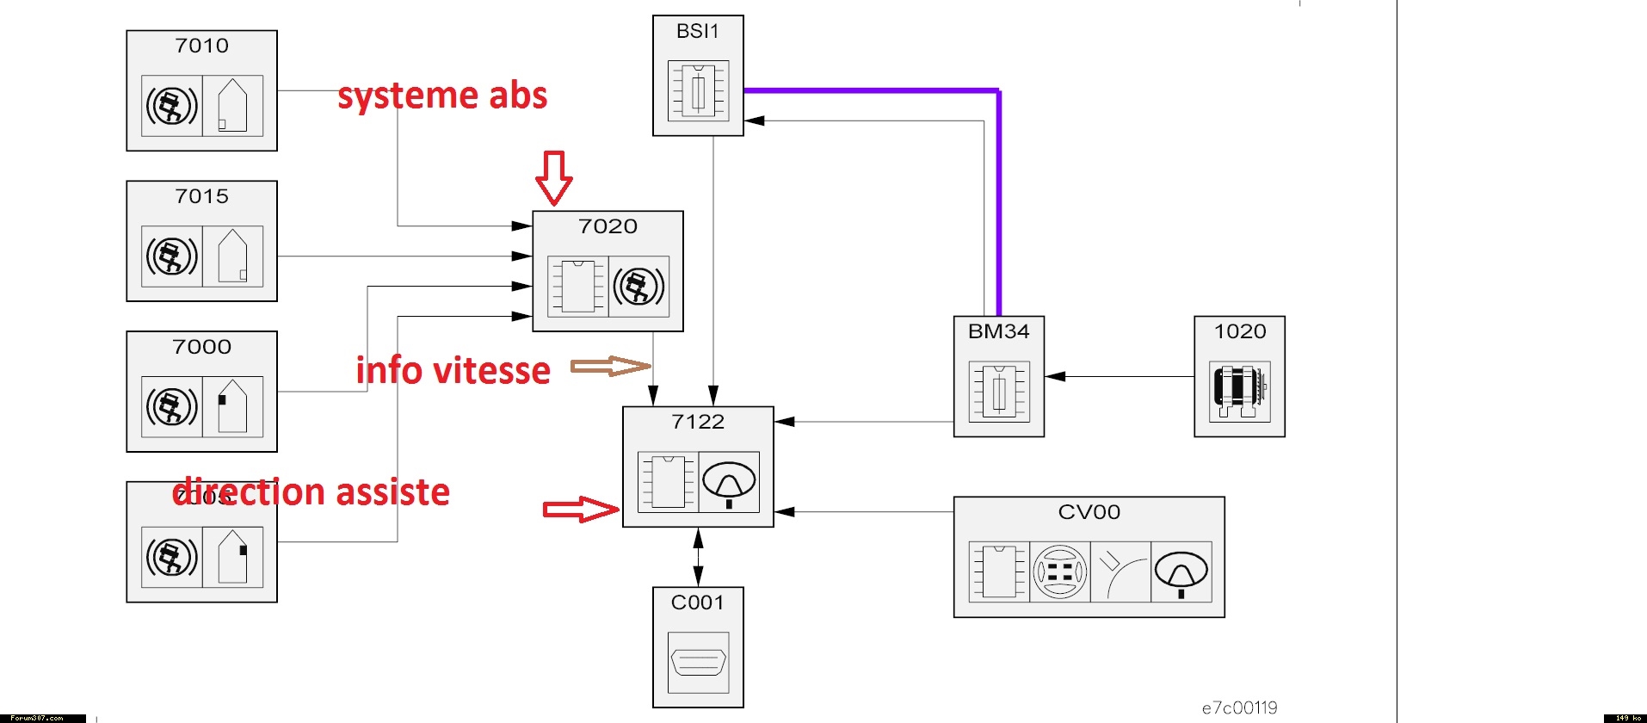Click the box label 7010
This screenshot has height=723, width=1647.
tap(201, 46)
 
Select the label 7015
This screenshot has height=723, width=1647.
tap(201, 196)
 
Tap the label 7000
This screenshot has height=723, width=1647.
tap(201, 347)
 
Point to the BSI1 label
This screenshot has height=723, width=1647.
tap(697, 31)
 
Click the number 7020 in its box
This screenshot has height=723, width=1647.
tap(608, 226)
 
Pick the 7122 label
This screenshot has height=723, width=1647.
tap(698, 422)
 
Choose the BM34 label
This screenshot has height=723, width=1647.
tap(998, 331)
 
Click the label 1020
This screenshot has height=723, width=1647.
tap(1239, 331)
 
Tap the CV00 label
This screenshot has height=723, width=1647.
tap(1089, 512)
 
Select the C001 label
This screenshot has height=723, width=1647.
tap(697, 602)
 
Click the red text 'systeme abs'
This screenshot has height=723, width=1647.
tap(442, 96)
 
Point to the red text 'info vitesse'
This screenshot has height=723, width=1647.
tap(453, 370)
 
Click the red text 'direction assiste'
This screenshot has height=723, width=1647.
tap(312, 492)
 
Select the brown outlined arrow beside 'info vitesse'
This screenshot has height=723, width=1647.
tap(611, 366)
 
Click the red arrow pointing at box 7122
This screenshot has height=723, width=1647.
tap(581, 510)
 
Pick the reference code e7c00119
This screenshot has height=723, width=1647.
tap(1239, 708)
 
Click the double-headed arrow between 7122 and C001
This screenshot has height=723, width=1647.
tap(698, 557)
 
